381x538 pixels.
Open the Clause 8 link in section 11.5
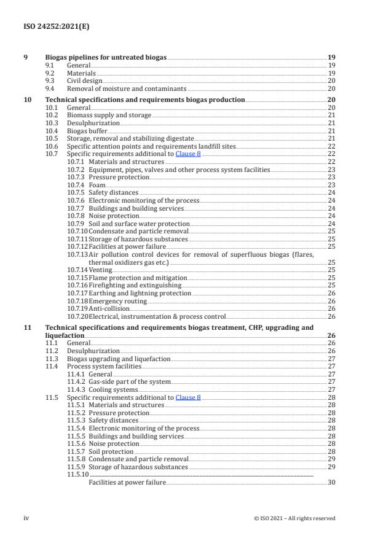pos(188,398)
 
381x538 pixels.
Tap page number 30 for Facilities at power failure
pos(331,483)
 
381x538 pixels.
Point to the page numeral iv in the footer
pos(26,518)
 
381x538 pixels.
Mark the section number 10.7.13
pos(77,254)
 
